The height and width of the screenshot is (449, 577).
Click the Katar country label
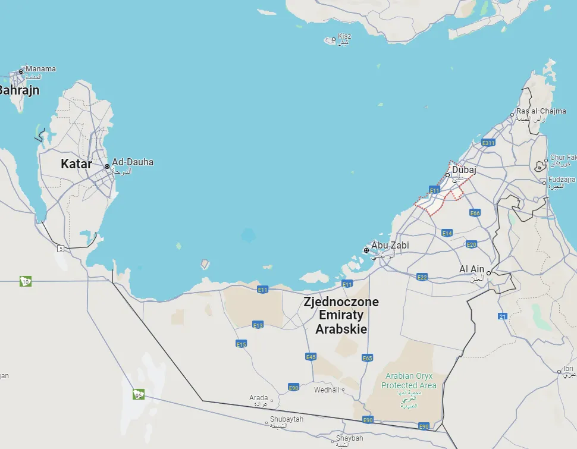[76, 164]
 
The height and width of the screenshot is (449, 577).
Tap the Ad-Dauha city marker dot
[107, 167]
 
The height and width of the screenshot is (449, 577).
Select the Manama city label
[41, 69]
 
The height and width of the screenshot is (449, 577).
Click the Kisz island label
[344, 36]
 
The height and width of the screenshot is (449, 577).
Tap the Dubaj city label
[465, 171]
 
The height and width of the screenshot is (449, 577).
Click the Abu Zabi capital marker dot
[366, 250]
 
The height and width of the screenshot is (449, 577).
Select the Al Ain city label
[472, 269]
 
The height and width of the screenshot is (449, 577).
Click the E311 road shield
[488, 143]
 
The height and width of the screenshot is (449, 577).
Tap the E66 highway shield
[475, 213]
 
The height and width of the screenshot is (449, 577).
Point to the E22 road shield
[422, 277]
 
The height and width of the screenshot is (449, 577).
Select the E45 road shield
[311, 357]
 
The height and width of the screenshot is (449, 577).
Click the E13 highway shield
[258, 325]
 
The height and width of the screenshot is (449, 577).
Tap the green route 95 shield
[139, 394]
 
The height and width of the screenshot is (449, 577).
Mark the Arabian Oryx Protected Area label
[409, 381]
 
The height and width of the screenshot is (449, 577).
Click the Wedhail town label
[327, 390]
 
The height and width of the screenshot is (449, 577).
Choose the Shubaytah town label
[284, 420]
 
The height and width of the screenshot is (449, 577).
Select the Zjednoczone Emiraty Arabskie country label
[341, 315]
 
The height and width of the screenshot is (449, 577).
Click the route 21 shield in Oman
[503, 316]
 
